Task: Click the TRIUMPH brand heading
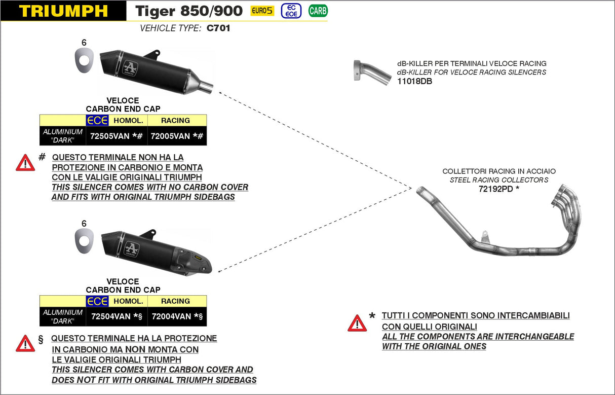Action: click(x=63, y=11)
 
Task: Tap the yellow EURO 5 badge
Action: click(x=262, y=11)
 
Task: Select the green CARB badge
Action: click(x=318, y=10)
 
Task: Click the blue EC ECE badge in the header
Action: click(x=291, y=11)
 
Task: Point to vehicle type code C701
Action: click(x=218, y=28)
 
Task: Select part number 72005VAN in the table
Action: click(x=170, y=136)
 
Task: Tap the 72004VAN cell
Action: click(x=171, y=316)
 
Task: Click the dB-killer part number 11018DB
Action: click(x=414, y=81)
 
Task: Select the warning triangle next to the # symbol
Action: click(x=25, y=163)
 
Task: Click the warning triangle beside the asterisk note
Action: click(x=357, y=323)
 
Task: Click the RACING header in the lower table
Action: click(x=175, y=301)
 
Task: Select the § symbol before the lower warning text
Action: click(x=41, y=339)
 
